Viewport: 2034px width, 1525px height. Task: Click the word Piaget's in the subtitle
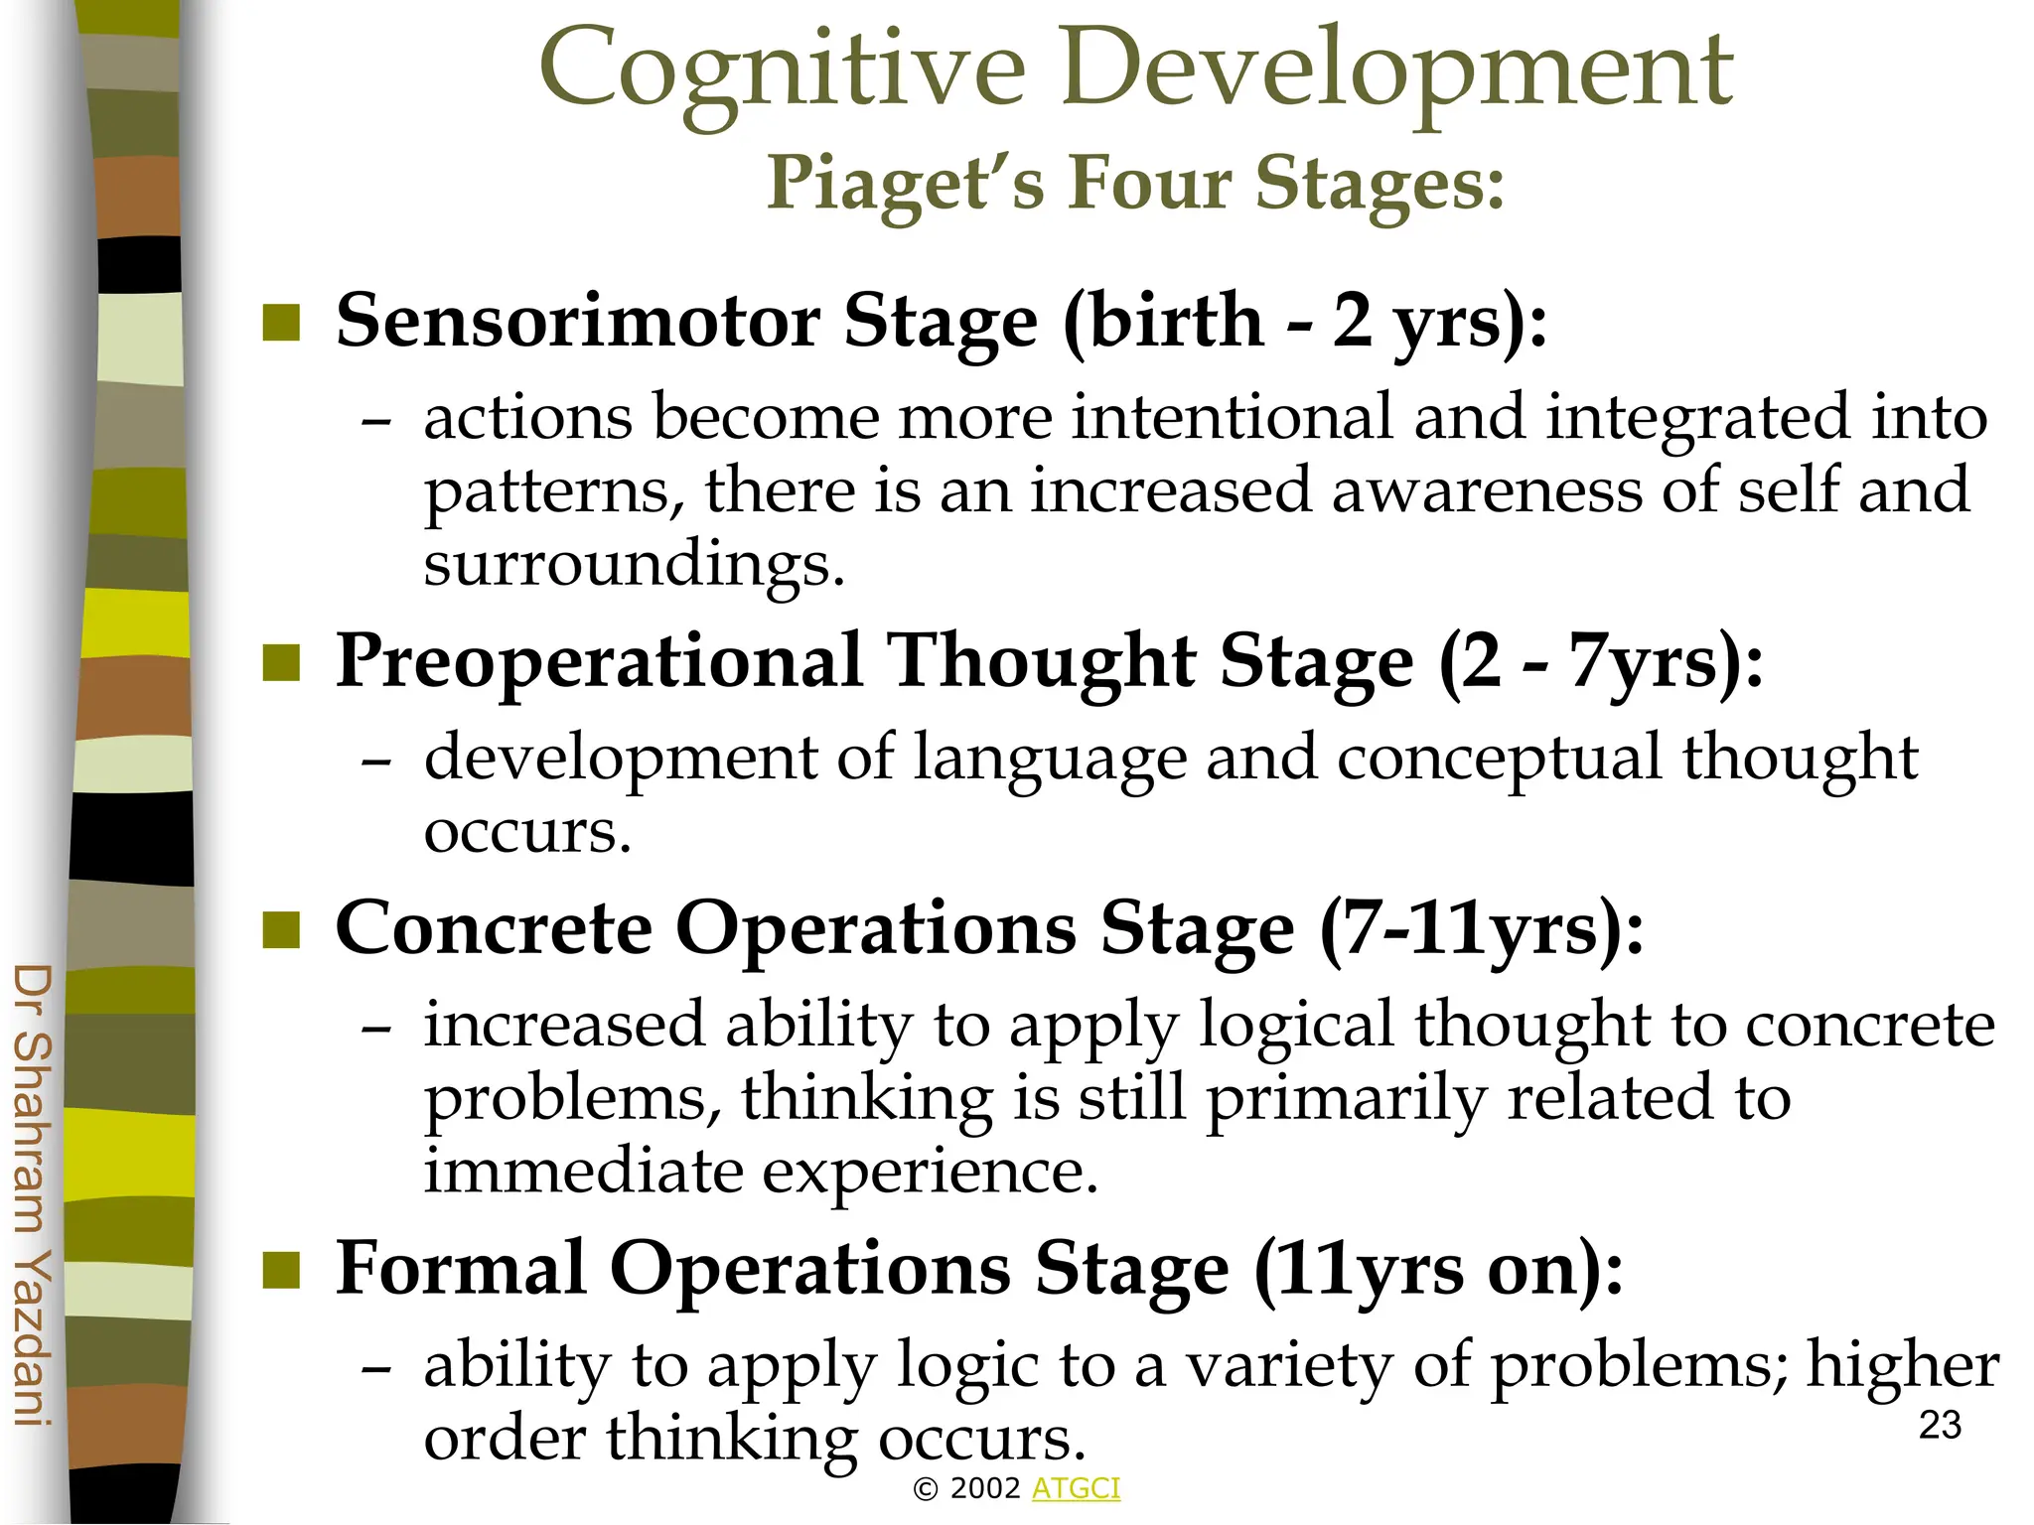click(905, 184)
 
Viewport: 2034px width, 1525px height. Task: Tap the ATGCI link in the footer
click(1076, 1488)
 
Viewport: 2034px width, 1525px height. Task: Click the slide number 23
click(1940, 1426)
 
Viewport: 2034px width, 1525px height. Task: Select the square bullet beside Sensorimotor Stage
click(281, 323)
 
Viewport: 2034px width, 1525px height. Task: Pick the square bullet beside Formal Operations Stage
click(281, 1270)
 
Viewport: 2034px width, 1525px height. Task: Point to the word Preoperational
click(598, 662)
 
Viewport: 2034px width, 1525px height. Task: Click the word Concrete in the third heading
click(494, 929)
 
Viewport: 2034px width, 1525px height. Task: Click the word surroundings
click(633, 563)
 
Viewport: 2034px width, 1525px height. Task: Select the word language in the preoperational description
click(1050, 759)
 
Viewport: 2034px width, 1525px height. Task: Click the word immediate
click(583, 1171)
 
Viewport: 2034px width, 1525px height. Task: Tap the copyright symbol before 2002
click(926, 1489)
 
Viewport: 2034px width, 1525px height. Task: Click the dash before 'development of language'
click(376, 762)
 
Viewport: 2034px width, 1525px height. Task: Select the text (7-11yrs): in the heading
click(1481, 929)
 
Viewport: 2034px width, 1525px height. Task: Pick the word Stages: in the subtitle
click(1380, 184)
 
